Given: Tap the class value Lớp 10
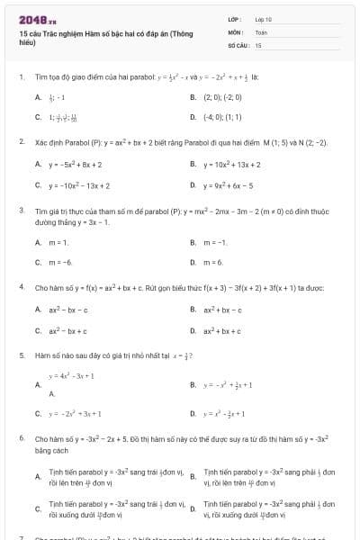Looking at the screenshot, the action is [x=264, y=18].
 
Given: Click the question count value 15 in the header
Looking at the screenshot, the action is [x=258, y=44].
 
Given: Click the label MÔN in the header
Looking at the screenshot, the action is [x=236, y=31].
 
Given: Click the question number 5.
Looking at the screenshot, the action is [x=21, y=355].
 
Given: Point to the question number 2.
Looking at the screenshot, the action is [x=21, y=141].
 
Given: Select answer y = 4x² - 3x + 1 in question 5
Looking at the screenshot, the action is [x=71, y=375].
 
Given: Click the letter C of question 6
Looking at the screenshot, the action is [x=38, y=508].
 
